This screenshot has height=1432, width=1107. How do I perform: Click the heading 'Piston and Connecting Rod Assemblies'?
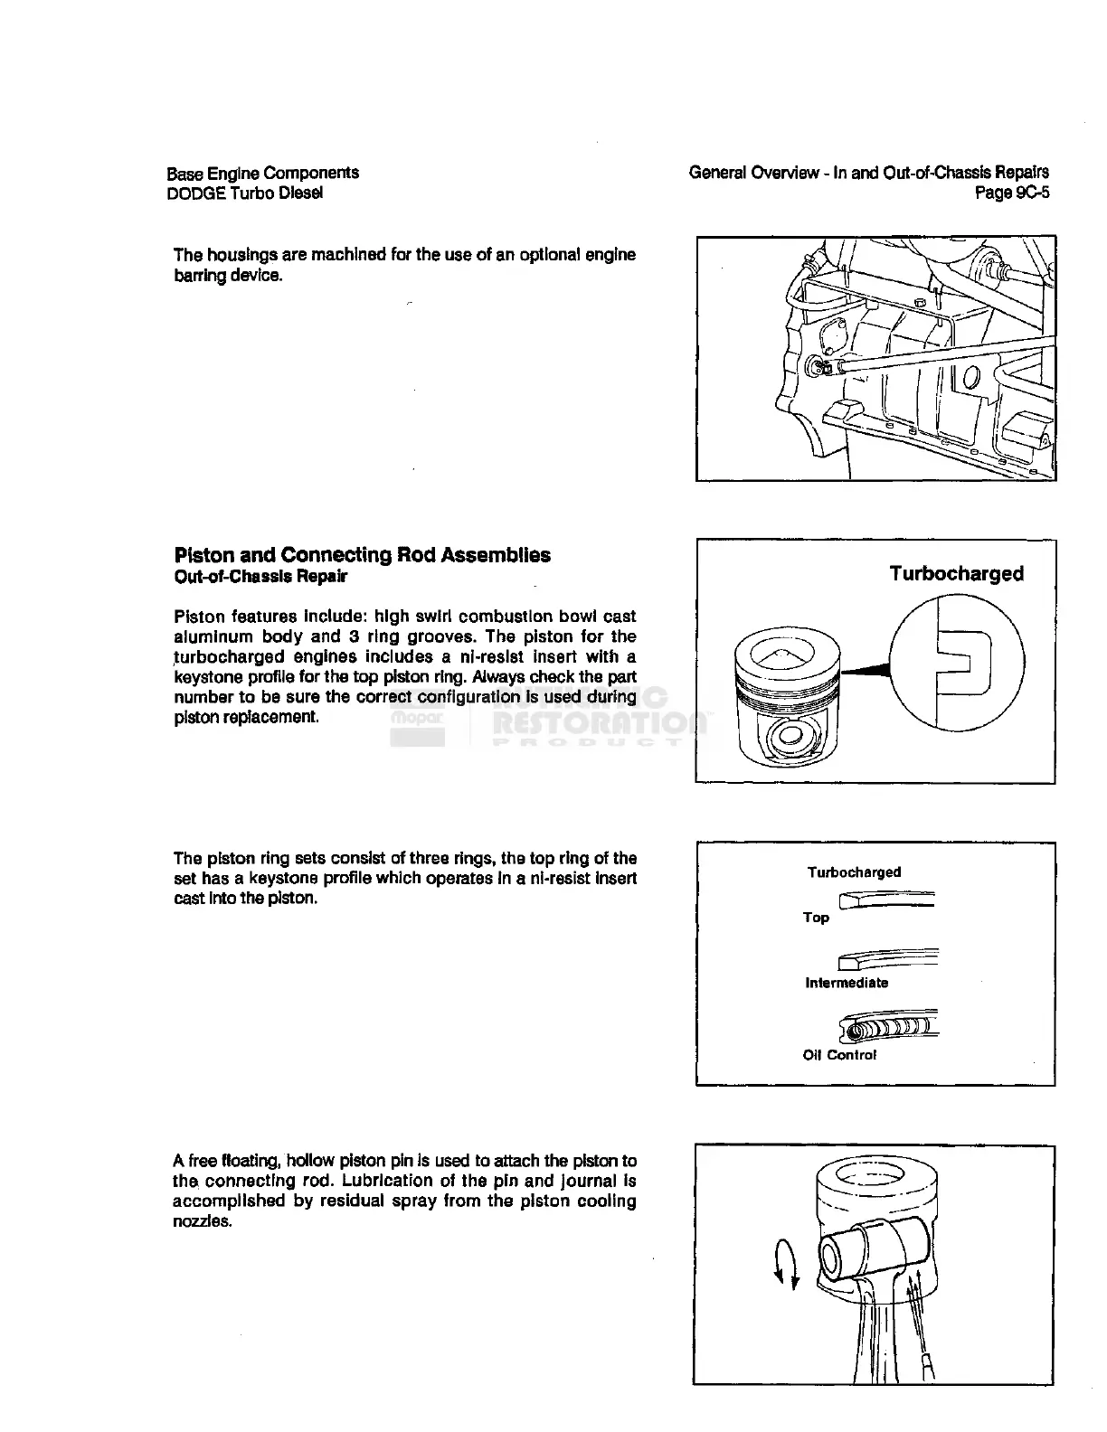362,555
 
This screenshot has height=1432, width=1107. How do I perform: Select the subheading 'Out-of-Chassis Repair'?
260,577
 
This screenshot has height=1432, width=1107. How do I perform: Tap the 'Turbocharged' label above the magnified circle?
956,574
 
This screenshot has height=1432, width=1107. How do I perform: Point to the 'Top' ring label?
816,918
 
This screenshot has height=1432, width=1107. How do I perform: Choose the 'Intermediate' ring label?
847,983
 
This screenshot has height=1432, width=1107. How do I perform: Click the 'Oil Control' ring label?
839,1055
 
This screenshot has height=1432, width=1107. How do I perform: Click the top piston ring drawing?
887,900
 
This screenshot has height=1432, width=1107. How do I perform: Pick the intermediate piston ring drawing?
889,957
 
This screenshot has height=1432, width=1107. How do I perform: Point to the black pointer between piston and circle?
865,670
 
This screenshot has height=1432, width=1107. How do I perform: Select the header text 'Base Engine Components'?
263,173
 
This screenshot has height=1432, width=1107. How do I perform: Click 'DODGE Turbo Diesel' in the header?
244,193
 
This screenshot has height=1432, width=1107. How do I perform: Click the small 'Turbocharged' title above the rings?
854,872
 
